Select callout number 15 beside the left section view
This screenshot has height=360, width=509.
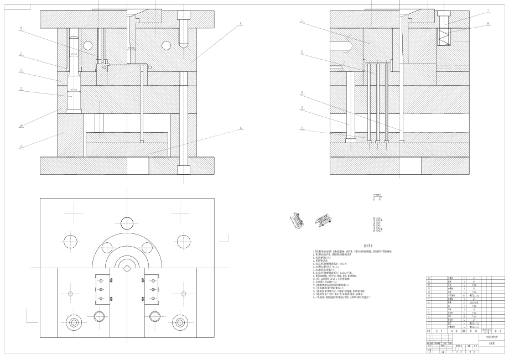click(20, 147)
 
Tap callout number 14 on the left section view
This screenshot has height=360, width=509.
click(20, 126)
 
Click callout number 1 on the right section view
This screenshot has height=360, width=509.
click(302, 21)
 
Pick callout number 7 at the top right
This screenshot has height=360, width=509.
click(488, 11)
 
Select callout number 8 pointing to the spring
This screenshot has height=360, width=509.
click(488, 23)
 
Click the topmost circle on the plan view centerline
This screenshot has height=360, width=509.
click(127, 223)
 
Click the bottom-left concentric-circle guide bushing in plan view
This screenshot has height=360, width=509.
click(74, 322)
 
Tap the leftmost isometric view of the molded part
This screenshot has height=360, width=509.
click(296, 221)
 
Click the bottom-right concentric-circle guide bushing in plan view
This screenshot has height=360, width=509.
click(180, 322)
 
